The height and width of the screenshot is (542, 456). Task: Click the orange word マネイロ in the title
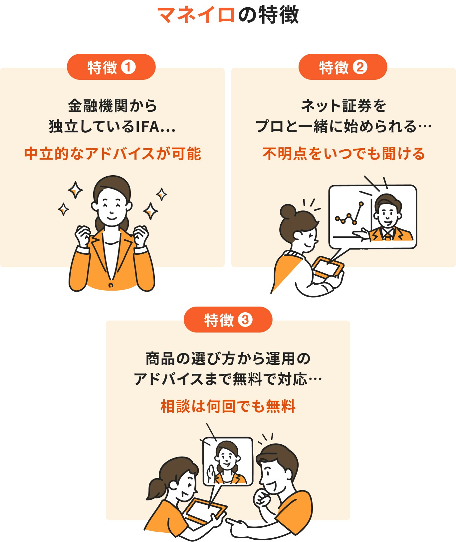pyautogui.click(x=196, y=15)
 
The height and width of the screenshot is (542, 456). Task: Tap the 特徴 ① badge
pyautogui.click(x=111, y=67)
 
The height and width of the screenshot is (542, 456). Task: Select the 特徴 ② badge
pyautogui.click(x=343, y=67)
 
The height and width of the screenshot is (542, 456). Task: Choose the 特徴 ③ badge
pyautogui.click(x=228, y=320)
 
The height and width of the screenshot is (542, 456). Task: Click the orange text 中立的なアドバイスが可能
pyautogui.click(x=113, y=154)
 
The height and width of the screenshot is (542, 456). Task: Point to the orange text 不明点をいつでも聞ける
pyautogui.click(x=343, y=154)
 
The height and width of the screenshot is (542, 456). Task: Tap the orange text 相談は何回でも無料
pyautogui.click(x=228, y=406)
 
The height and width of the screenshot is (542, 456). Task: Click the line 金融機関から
pyautogui.click(x=113, y=106)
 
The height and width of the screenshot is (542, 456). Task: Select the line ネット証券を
pyautogui.click(x=343, y=106)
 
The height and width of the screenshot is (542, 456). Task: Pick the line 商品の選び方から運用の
pyautogui.click(x=228, y=359)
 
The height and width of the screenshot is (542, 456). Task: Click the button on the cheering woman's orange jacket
pyautogui.click(x=111, y=285)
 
